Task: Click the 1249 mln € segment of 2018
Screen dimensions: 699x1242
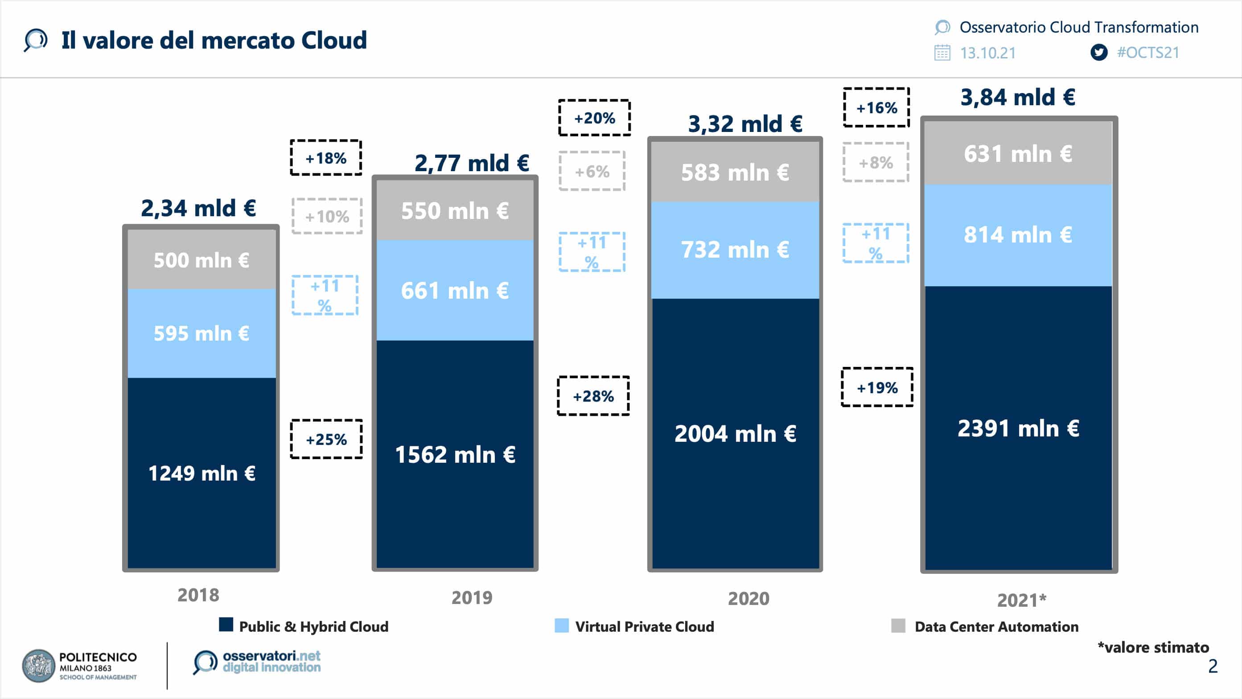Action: [x=201, y=473]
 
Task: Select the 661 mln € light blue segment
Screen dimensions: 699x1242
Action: [x=455, y=291]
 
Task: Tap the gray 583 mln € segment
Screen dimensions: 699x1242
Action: [x=735, y=172]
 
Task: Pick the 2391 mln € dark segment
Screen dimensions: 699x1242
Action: [x=1018, y=428]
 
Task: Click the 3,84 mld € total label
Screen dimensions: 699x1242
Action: [x=1018, y=97]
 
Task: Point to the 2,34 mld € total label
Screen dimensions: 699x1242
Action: [x=198, y=208]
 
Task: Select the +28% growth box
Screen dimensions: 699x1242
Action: [x=593, y=396]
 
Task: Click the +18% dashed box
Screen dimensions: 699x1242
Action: [x=326, y=158]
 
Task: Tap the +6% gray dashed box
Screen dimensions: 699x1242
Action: [x=592, y=171]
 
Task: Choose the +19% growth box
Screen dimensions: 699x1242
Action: [x=877, y=387]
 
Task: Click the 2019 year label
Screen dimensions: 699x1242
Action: [x=472, y=598]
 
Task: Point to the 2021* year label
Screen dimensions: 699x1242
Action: [x=1022, y=600]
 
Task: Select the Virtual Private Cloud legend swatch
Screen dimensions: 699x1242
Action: [x=561, y=626]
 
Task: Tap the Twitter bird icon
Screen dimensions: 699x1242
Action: [x=1099, y=52]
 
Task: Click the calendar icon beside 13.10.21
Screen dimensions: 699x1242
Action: [x=942, y=53]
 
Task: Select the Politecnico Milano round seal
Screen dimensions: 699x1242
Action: [x=39, y=666]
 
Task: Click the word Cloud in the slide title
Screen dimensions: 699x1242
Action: [x=333, y=40]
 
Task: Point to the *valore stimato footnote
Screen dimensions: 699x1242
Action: [x=1153, y=647]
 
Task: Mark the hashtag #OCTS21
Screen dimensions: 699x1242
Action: [x=1148, y=52]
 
